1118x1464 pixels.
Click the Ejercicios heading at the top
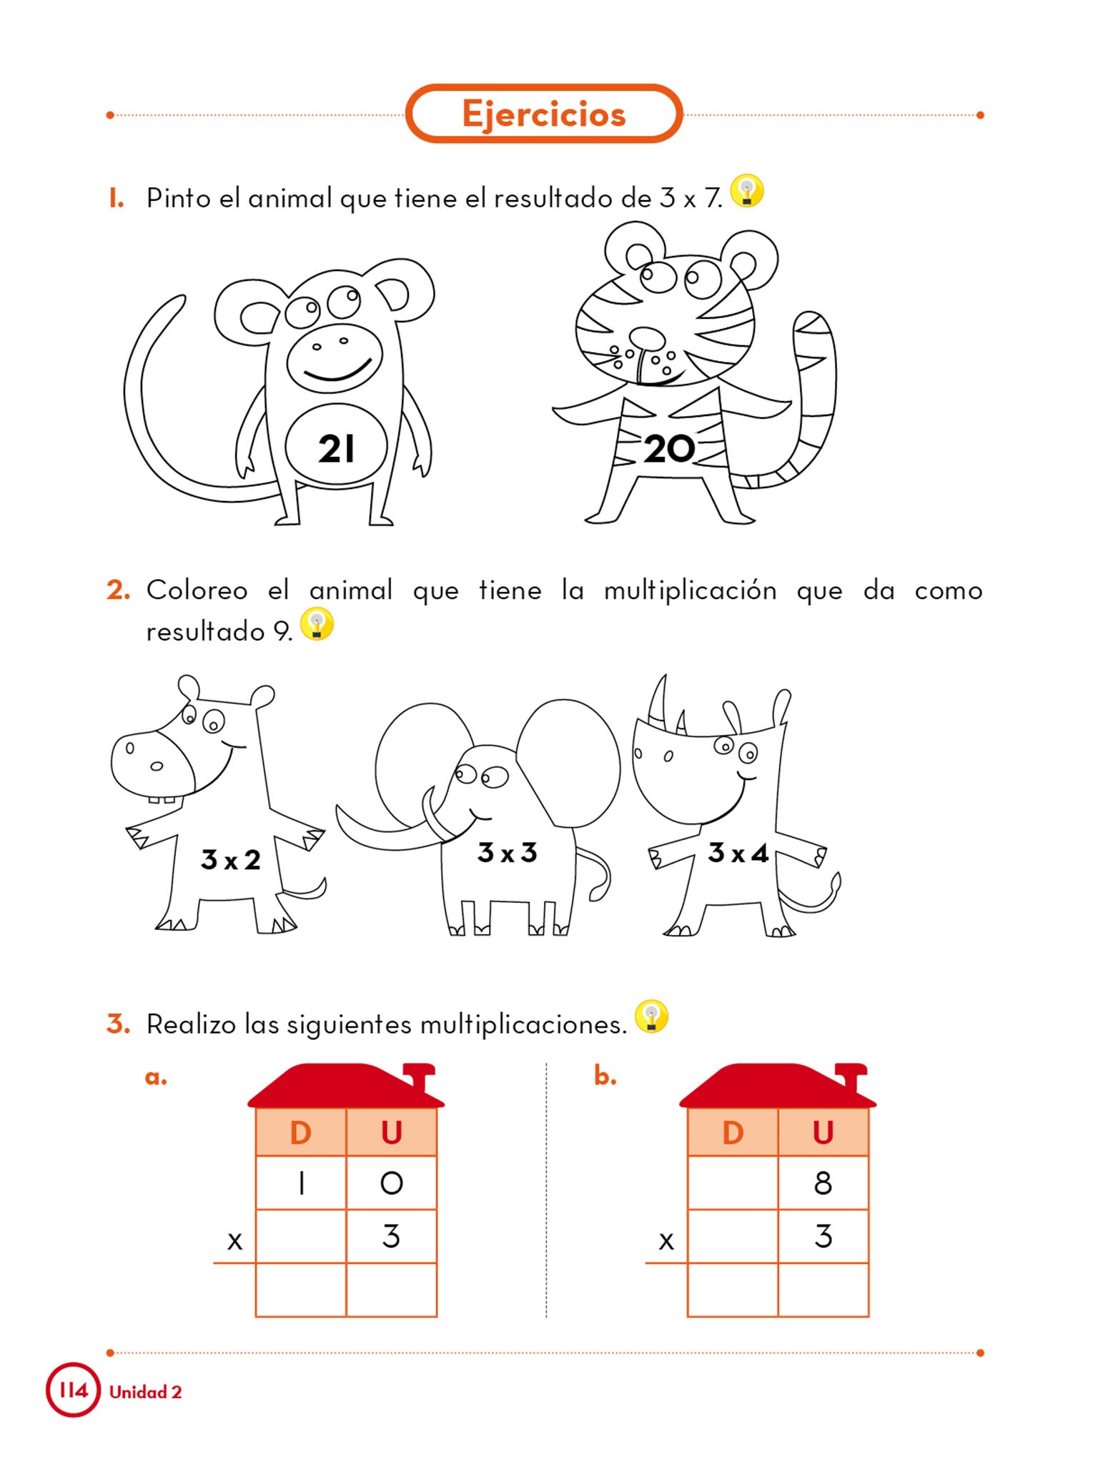(x=543, y=115)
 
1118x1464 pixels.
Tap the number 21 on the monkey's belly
(x=336, y=449)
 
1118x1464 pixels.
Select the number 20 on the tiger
(x=669, y=449)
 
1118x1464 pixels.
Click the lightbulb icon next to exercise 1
(x=747, y=192)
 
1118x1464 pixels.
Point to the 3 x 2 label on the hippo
(x=231, y=860)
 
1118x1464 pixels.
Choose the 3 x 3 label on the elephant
(x=508, y=853)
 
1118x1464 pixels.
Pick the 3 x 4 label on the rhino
(x=738, y=853)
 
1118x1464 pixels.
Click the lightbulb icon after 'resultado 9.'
(x=317, y=624)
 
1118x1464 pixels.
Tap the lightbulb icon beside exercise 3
(x=651, y=1017)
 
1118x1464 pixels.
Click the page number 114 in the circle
(x=73, y=1390)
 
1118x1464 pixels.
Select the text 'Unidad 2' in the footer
(x=146, y=1392)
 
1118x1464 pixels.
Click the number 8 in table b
(x=823, y=1184)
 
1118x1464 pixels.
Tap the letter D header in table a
(x=301, y=1133)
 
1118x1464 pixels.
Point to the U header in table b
(x=823, y=1133)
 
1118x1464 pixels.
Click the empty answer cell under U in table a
(x=392, y=1290)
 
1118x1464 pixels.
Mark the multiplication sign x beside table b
(x=666, y=1241)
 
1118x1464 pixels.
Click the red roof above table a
(x=347, y=1086)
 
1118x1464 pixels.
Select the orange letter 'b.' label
(x=605, y=1075)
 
